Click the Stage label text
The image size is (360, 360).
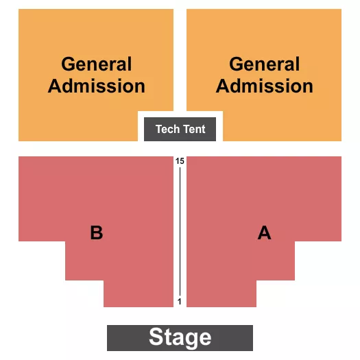pos(180,337)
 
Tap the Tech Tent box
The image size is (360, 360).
pos(180,129)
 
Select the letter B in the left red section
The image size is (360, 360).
pos(97,233)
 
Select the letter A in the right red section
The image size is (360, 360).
pos(265,233)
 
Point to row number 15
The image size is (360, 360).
pos(180,161)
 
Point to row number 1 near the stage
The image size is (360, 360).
pos(180,301)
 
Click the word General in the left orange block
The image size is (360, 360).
pos(97,64)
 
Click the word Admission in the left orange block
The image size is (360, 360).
pos(97,86)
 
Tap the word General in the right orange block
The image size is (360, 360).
pos(265,64)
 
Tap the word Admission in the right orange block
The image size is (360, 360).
pos(265,86)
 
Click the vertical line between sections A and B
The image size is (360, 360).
pos(180,231)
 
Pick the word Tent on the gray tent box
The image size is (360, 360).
pos(194,129)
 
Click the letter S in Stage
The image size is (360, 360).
pos(156,336)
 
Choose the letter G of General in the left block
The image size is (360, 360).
pos(69,64)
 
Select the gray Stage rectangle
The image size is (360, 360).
pos(180,338)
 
